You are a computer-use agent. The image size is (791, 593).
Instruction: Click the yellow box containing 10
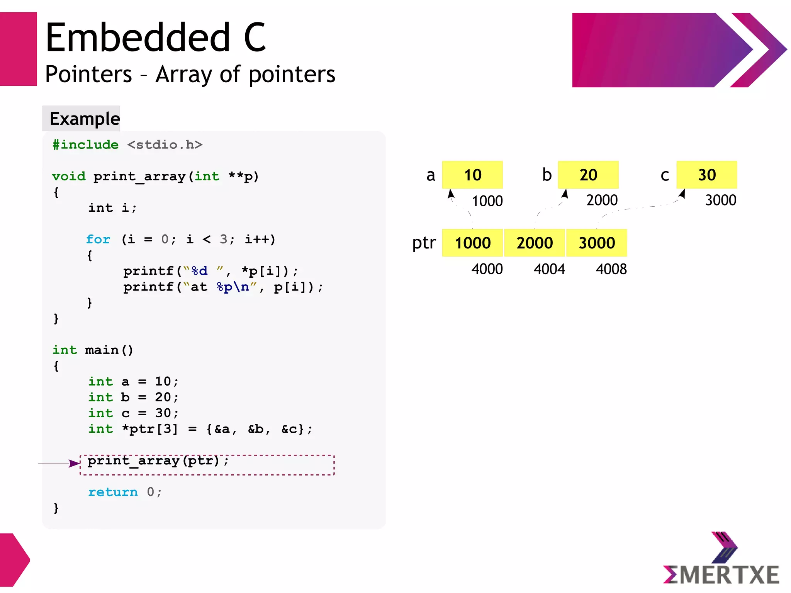click(x=472, y=175)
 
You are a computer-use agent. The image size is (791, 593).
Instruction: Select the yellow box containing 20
click(x=588, y=175)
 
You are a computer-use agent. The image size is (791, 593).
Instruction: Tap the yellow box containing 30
click(x=706, y=175)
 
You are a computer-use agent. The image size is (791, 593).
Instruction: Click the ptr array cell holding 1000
click(x=472, y=243)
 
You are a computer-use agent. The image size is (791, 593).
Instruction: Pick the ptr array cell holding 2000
click(x=535, y=243)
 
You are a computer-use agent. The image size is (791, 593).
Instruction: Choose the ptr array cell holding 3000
click(x=596, y=243)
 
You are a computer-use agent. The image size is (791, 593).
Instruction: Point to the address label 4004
click(x=549, y=269)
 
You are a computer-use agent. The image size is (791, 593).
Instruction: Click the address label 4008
click(x=611, y=269)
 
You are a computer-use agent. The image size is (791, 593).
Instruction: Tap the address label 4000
click(x=487, y=269)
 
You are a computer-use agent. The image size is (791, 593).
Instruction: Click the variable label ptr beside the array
click(x=424, y=243)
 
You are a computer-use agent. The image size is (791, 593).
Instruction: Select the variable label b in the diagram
click(x=547, y=175)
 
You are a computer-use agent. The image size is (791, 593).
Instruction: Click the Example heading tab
click(x=85, y=119)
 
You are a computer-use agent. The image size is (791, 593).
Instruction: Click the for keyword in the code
click(x=98, y=239)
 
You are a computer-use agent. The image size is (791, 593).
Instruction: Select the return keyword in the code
click(x=113, y=492)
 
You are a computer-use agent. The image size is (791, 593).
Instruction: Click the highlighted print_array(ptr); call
click(x=158, y=460)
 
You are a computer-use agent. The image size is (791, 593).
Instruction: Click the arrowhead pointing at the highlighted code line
click(x=74, y=463)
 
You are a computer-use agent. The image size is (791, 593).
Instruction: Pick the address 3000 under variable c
click(x=720, y=200)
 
